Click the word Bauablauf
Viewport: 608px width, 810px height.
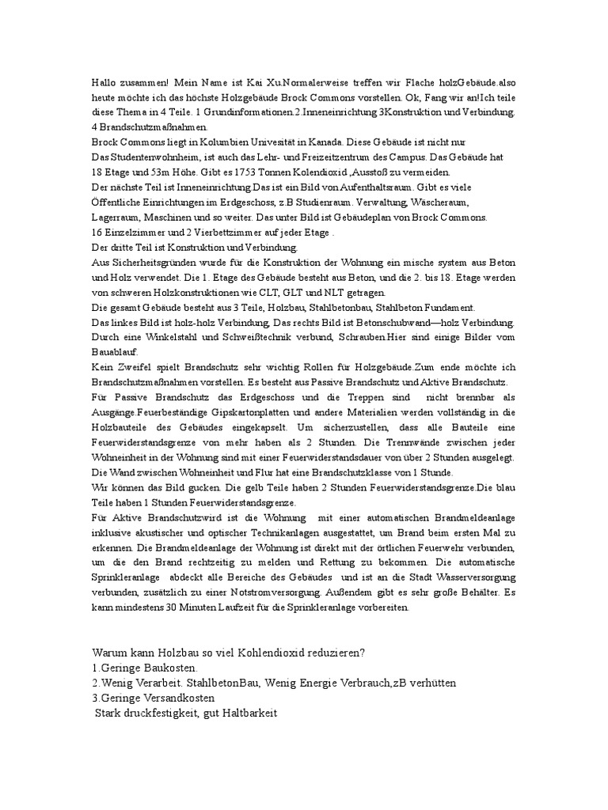[x=114, y=353]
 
